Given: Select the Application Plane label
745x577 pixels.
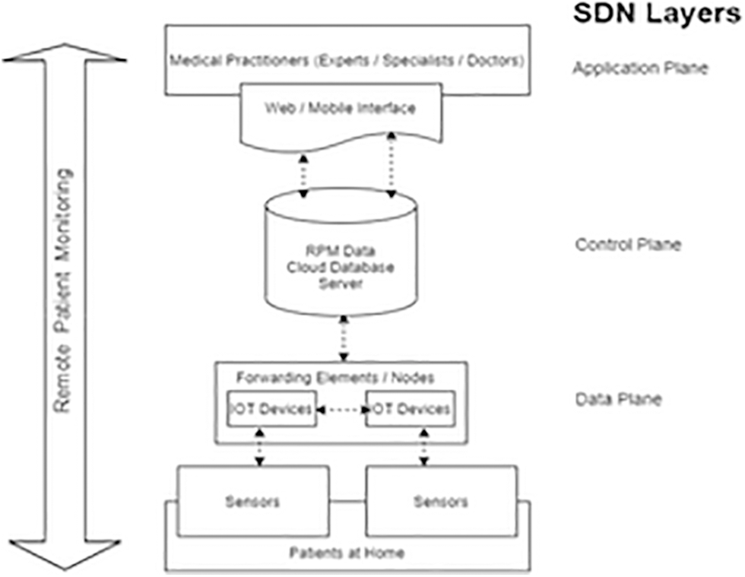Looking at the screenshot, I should pyautogui.click(x=640, y=68).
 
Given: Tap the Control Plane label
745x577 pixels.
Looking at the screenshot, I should pyautogui.click(x=628, y=245).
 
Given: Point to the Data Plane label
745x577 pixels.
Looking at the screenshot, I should pyautogui.click(x=618, y=398).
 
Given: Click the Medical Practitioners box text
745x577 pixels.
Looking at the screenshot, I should pyautogui.click(x=347, y=59).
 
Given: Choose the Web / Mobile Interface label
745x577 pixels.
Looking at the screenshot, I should pyautogui.click(x=340, y=109).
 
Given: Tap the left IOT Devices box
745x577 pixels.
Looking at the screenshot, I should pyautogui.click(x=270, y=409).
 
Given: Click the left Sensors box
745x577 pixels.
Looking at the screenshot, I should pyautogui.click(x=253, y=502).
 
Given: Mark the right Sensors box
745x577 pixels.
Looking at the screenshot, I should pyautogui.click(x=442, y=502).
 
